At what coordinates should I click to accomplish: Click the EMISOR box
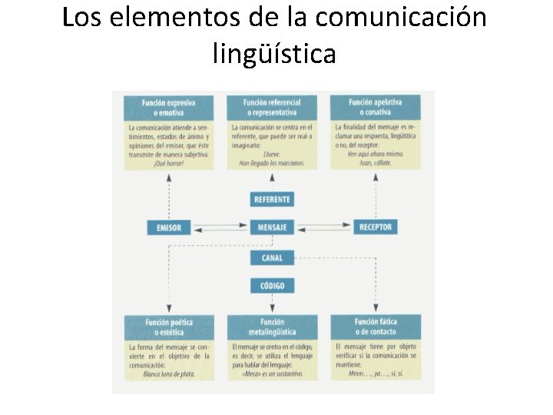click(x=169, y=227)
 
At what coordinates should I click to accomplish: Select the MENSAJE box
click(x=272, y=227)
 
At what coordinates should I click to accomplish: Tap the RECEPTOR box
click(x=376, y=227)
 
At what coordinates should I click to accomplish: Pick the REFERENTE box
click(x=272, y=200)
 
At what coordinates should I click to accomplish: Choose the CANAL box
click(x=272, y=258)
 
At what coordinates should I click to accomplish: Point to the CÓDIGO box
click(x=272, y=286)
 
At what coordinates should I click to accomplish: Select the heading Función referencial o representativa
click(x=272, y=108)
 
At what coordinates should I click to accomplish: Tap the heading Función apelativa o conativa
click(x=376, y=108)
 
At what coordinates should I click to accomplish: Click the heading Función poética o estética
click(x=169, y=327)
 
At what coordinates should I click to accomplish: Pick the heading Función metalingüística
click(x=272, y=327)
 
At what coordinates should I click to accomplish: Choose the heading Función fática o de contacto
click(x=376, y=327)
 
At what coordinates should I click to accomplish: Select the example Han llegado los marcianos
click(x=272, y=163)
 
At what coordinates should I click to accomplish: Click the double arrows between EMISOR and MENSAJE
click(x=220, y=227)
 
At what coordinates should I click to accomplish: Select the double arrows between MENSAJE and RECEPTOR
click(x=323, y=227)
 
